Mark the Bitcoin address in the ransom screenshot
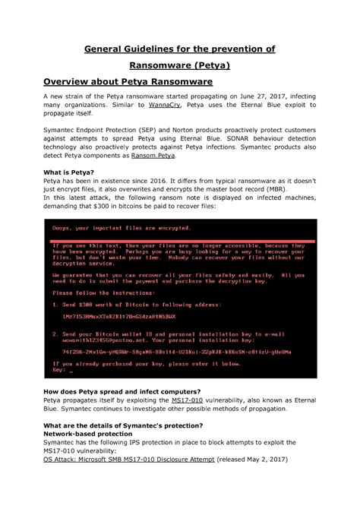coord(118,316)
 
